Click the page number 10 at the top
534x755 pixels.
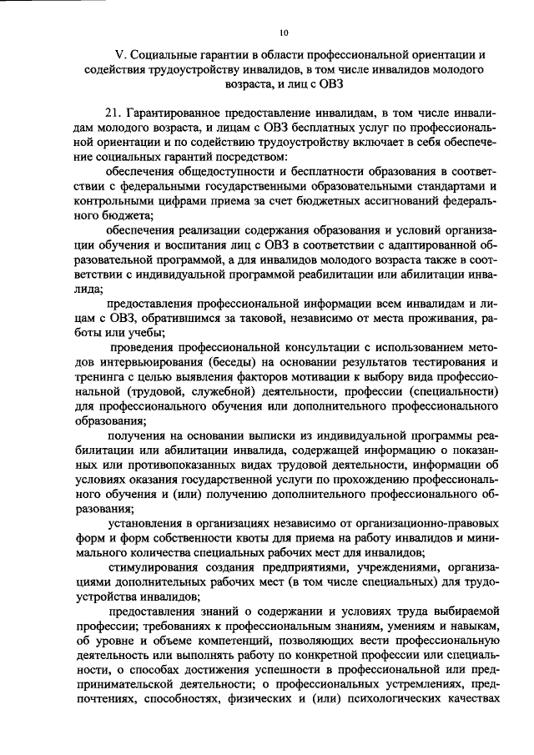pyautogui.click(x=284, y=33)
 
